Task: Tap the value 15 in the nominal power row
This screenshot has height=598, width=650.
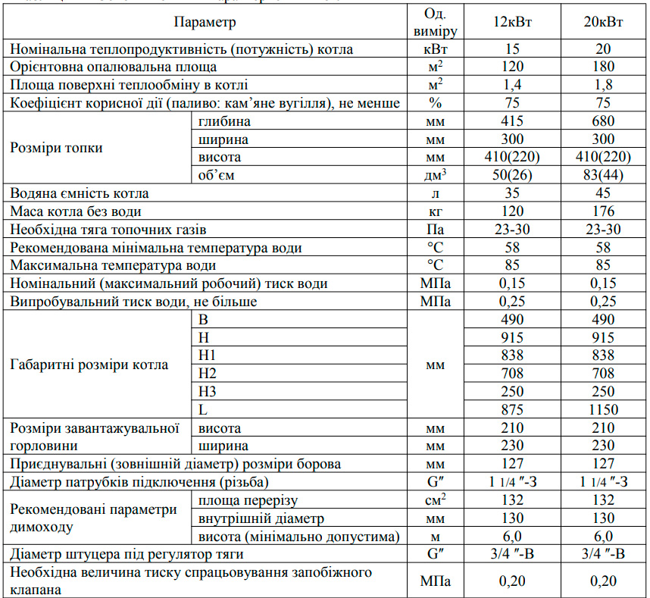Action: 512,49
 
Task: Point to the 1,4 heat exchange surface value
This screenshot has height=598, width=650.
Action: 512,86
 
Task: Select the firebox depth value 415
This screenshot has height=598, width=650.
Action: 512,121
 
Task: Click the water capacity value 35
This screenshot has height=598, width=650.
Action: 512,193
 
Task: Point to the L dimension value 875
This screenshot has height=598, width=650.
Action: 512,410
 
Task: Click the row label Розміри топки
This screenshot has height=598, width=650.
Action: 56,148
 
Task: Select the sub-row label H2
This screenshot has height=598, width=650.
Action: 207,374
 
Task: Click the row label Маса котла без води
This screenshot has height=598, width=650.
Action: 75,211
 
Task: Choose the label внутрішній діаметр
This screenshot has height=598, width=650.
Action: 261,519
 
